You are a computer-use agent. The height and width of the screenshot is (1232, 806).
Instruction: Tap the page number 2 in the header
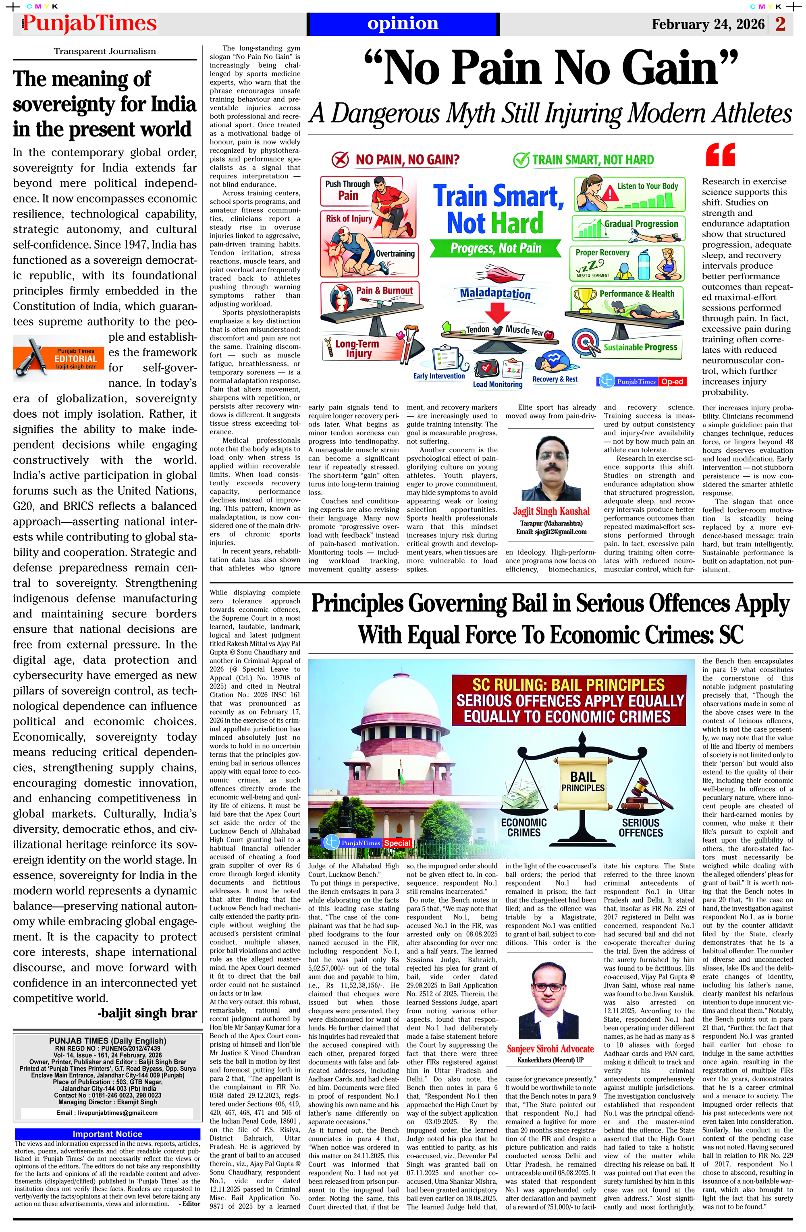point(781,24)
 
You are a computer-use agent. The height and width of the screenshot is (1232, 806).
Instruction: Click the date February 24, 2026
point(708,24)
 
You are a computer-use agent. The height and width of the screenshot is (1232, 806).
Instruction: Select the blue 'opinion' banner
point(403,24)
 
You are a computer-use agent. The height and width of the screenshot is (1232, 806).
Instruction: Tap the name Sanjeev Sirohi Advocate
point(550,1049)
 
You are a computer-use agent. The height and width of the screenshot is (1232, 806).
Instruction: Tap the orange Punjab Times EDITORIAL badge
point(60,358)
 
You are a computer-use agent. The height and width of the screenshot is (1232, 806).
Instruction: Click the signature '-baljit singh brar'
point(147,1013)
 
